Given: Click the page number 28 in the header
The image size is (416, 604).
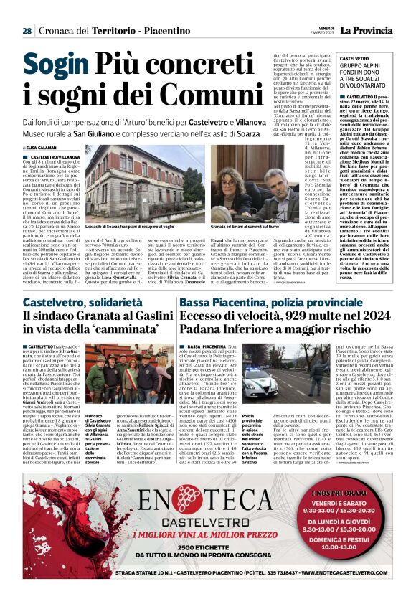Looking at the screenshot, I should (x=27, y=31).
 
